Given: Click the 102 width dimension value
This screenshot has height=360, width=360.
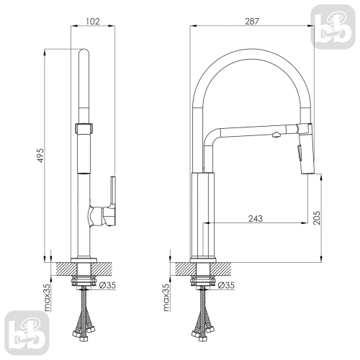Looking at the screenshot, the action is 93,22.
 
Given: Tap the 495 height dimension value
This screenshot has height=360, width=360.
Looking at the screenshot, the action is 41,156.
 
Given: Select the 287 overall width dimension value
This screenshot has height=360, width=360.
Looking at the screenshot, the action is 252,22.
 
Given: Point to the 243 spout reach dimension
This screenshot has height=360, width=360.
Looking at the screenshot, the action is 256,218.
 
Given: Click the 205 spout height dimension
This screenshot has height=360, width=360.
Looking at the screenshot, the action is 317,217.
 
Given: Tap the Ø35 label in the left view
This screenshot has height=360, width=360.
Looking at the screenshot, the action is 107,285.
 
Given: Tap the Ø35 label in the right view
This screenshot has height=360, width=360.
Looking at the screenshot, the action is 226,285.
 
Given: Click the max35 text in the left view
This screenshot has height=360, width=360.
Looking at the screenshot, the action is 47,297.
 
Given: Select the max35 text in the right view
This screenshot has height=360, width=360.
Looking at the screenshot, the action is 166,297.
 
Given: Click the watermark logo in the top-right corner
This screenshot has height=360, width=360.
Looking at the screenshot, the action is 333,27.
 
